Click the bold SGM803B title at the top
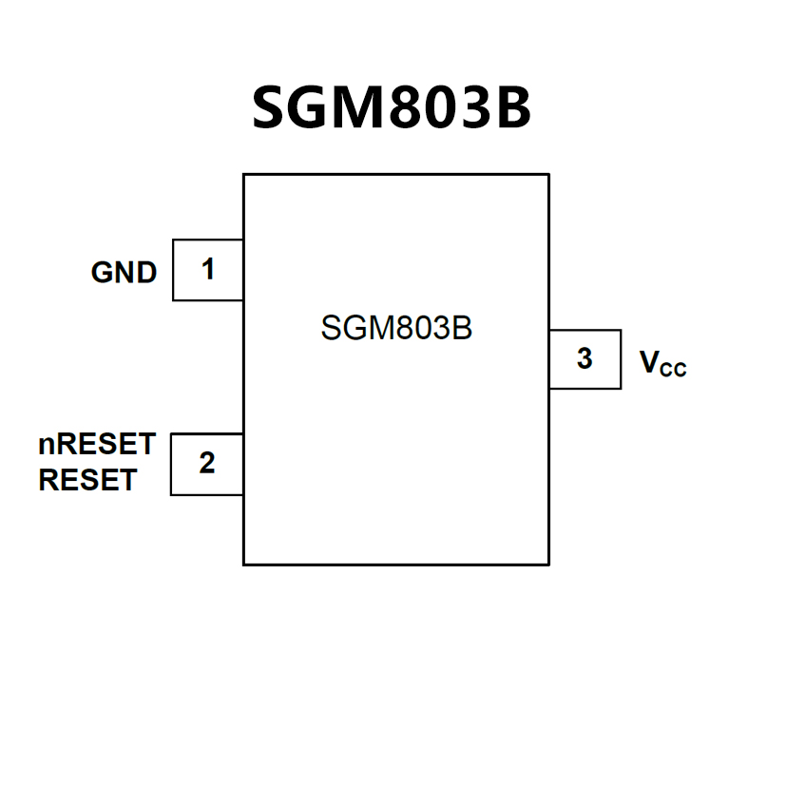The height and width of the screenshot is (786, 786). click(392, 108)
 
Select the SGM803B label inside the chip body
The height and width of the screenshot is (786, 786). click(396, 328)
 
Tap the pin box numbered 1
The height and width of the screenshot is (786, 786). click(208, 270)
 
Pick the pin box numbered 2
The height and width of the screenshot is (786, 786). click(207, 464)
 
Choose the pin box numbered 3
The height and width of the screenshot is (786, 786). click(585, 358)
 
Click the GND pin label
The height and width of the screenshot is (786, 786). click(124, 273)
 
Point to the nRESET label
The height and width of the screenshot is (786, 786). click(97, 444)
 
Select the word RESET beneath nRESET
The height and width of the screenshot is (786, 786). click(87, 480)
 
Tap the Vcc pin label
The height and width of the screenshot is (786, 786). click(662, 362)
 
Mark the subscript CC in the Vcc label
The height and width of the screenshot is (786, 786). click(673, 369)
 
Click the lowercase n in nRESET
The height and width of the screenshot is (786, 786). click(46, 445)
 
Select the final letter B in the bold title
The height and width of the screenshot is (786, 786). click(512, 108)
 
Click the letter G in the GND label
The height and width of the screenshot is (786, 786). click(103, 273)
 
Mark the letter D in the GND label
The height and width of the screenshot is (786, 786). click(145, 273)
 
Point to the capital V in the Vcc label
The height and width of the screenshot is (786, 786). click(650, 360)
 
